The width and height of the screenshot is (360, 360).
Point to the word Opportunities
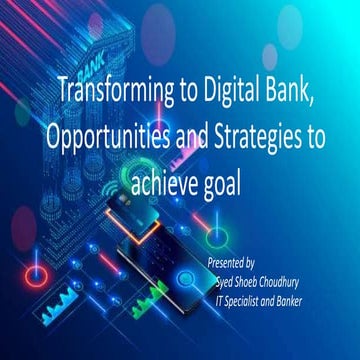tap(108, 139)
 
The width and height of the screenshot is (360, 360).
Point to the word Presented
tap(229, 260)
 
